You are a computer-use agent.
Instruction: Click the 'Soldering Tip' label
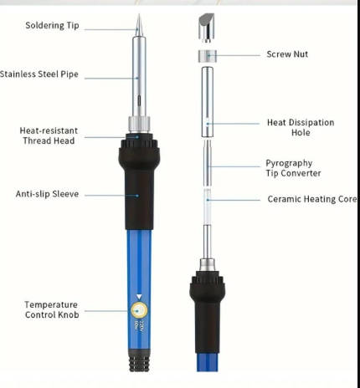point(52,25)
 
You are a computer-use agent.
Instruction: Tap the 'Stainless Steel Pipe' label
point(39,74)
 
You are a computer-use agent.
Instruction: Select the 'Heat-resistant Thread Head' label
point(49,135)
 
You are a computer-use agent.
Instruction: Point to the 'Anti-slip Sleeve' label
point(47,194)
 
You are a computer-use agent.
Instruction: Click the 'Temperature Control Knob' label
point(52,309)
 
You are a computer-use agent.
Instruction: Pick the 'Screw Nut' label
point(287,54)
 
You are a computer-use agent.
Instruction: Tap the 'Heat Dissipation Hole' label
point(301,127)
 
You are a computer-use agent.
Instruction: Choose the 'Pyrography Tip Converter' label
point(293,168)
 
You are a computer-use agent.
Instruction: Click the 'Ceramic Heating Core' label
point(312,199)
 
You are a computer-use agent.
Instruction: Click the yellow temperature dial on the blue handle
point(139,310)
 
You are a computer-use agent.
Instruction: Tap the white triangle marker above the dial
point(139,297)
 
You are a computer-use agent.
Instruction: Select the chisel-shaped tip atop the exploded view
point(207,28)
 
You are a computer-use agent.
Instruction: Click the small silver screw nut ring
point(208,56)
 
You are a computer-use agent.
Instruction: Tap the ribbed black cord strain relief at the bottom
point(139,361)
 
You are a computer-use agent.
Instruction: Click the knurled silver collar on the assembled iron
point(139,125)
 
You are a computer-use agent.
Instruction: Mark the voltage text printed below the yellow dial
point(139,325)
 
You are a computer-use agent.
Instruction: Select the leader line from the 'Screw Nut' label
point(234,55)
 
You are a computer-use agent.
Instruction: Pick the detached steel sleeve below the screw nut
point(208,102)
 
